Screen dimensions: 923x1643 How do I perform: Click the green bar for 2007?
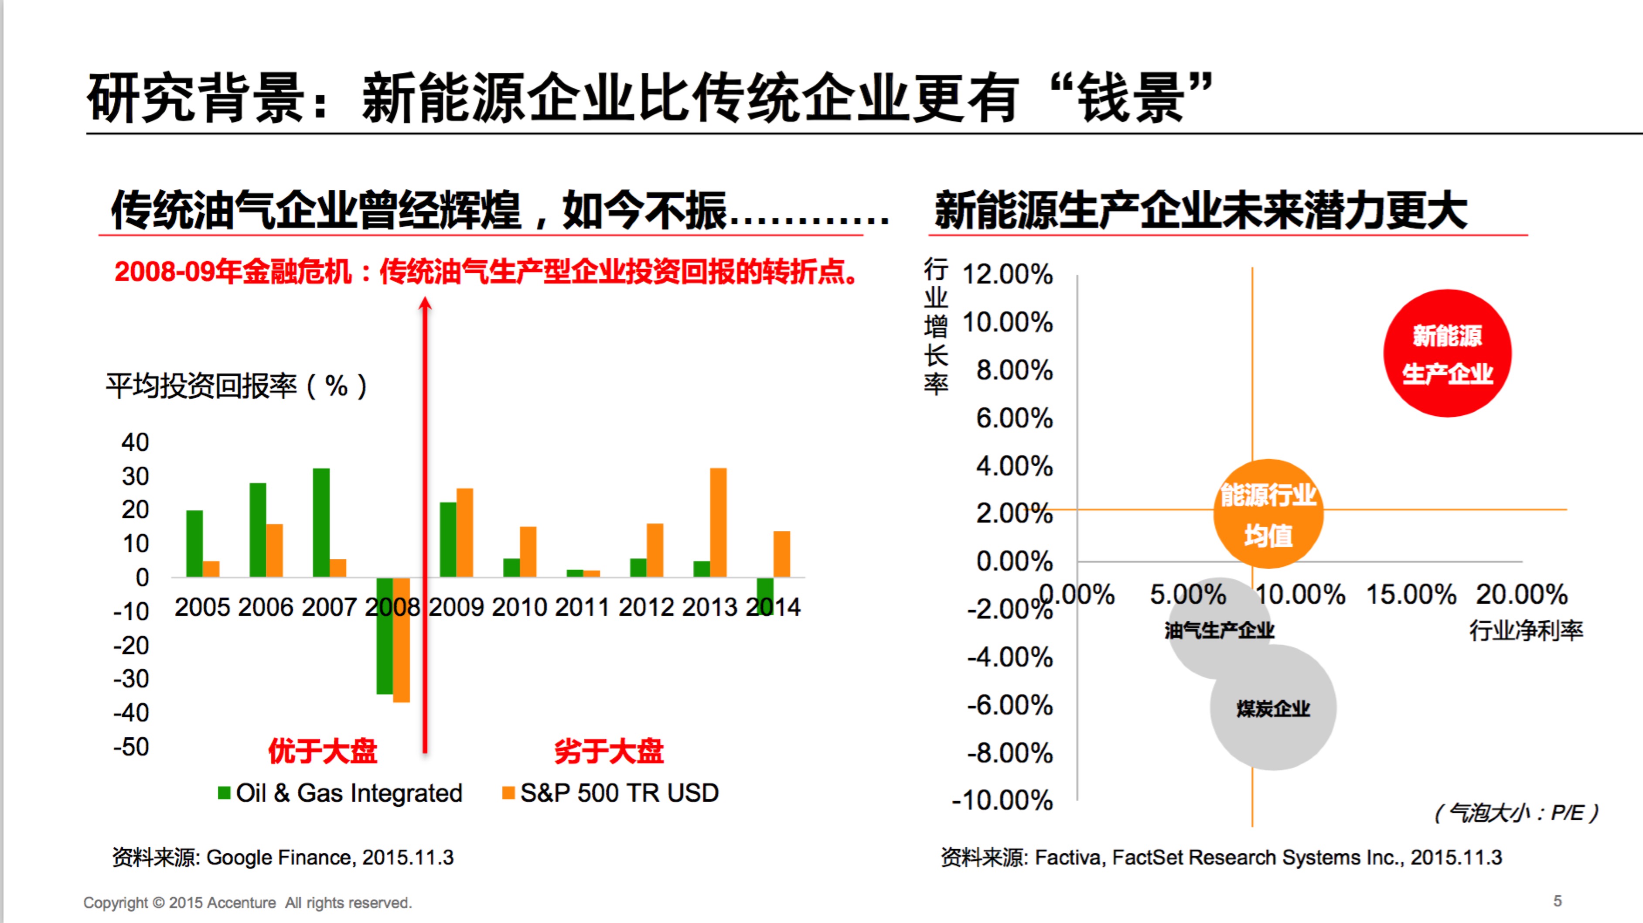tap(321, 523)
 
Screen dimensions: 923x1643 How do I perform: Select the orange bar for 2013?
tap(718, 523)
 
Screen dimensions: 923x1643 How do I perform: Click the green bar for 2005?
tap(194, 544)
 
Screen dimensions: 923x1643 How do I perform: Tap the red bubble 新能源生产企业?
tap(1447, 353)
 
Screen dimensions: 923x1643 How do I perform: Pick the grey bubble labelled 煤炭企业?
tap(1273, 708)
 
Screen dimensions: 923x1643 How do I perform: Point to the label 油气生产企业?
tap(1219, 630)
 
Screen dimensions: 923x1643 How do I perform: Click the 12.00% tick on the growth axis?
tap(1007, 274)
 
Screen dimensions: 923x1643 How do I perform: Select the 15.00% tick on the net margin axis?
tap(1411, 595)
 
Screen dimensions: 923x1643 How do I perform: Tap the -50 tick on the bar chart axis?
tap(131, 746)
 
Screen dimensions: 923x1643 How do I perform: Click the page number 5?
tap(1558, 901)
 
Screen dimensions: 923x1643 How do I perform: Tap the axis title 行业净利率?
tap(1526, 630)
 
